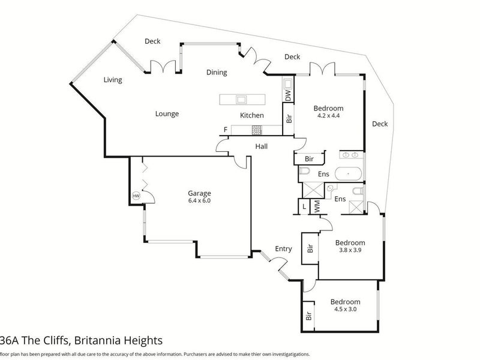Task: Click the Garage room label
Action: [199, 193]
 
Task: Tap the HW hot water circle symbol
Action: [136, 196]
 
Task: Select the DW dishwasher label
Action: [288, 96]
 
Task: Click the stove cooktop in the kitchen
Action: [257, 130]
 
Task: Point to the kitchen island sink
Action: [241, 99]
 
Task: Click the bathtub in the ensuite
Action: [349, 174]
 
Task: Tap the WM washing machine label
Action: [317, 206]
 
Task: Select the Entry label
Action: [283, 249]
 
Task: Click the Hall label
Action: [262, 146]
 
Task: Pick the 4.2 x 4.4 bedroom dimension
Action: [328, 116]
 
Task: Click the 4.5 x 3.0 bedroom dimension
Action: [346, 309]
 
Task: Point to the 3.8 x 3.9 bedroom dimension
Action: [350, 250]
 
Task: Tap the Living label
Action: [113, 80]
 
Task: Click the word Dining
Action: [217, 73]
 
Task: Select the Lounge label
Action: [167, 114]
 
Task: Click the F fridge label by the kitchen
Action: [226, 130]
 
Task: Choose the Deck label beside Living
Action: [152, 41]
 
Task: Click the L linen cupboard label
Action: [304, 206]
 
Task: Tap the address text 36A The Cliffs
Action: [35, 340]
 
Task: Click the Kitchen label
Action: [251, 115]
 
